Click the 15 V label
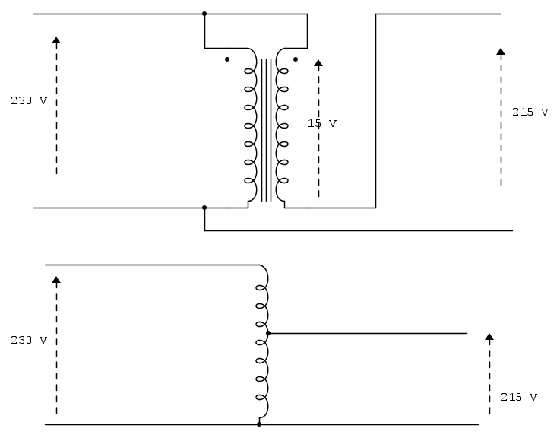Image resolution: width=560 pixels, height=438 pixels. (x=321, y=123)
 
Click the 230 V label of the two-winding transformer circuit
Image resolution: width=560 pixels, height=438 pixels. (x=29, y=100)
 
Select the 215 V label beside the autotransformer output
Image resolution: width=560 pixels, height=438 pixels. (x=518, y=397)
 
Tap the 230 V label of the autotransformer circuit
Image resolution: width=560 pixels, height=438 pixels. (x=29, y=340)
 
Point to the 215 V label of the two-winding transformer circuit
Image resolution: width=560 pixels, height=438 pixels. (x=530, y=112)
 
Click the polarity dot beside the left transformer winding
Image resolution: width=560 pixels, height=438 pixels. (x=227, y=59)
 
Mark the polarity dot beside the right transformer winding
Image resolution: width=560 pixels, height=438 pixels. (x=296, y=59)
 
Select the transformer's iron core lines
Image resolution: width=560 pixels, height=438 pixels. (x=266, y=130)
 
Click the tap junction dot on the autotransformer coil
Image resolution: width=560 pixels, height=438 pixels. (x=268, y=333)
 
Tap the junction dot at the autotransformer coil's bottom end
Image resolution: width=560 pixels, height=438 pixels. (x=259, y=424)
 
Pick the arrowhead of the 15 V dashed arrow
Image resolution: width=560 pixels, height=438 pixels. (x=318, y=63)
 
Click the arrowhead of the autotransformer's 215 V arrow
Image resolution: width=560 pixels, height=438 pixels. (x=489, y=337)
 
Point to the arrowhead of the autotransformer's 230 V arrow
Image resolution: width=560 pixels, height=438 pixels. (x=56, y=280)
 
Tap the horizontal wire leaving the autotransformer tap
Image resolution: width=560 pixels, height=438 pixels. (x=368, y=333)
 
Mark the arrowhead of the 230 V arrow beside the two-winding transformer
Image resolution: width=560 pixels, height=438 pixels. (x=56, y=40)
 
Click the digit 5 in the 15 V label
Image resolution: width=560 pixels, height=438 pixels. (x=318, y=123)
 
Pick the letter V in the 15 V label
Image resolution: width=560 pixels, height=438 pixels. (x=333, y=123)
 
